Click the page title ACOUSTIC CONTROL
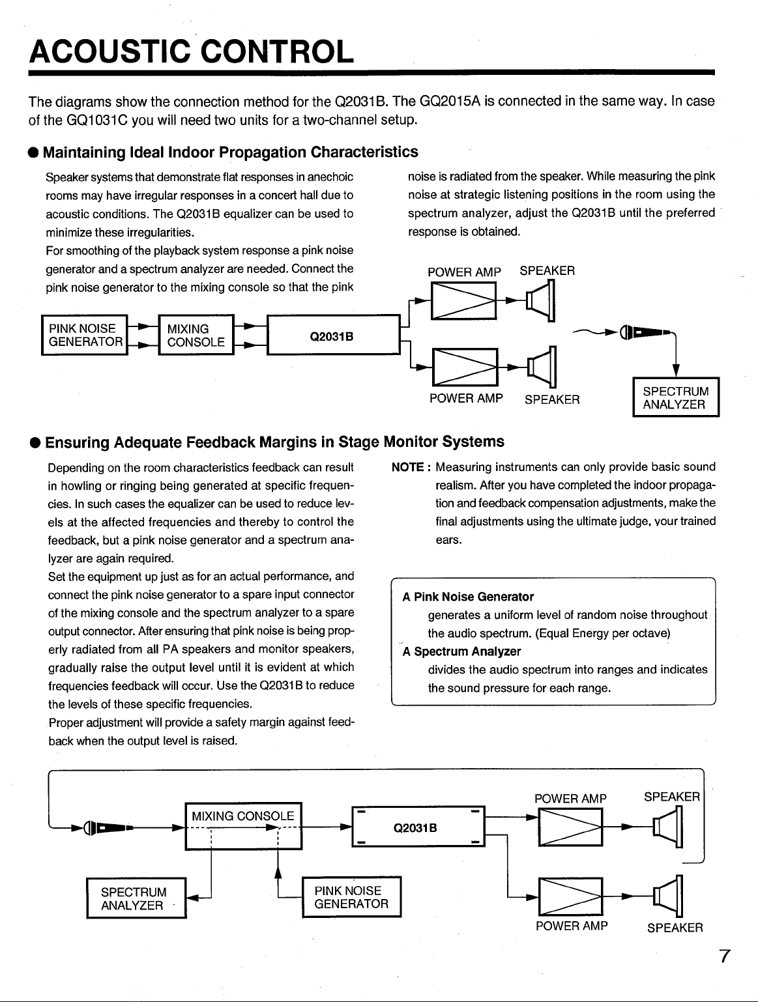pyautogui.click(x=192, y=51)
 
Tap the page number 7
pyautogui.click(x=725, y=956)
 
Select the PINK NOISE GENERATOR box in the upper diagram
pyautogui.click(x=85, y=335)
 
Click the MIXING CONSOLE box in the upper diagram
pyautogui.click(x=196, y=335)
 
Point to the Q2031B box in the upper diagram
pyautogui.click(x=333, y=335)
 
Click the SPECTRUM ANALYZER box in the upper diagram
pyautogui.click(x=676, y=397)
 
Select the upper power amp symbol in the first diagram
pyautogui.click(x=463, y=300)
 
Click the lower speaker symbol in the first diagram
pyautogui.click(x=543, y=367)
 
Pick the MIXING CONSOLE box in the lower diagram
pyautogui.click(x=243, y=826)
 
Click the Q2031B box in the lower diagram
pyautogui.click(x=418, y=826)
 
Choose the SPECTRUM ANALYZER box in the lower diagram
pyautogui.click(x=136, y=898)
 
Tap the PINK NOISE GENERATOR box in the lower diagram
pyautogui.click(x=351, y=896)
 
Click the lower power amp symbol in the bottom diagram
pyautogui.click(x=570, y=896)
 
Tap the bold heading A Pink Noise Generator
pyautogui.click(x=468, y=597)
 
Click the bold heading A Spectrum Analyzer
pyautogui.click(x=461, y=651)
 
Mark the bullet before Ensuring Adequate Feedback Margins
pyautogui.click(x=35, y=443)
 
